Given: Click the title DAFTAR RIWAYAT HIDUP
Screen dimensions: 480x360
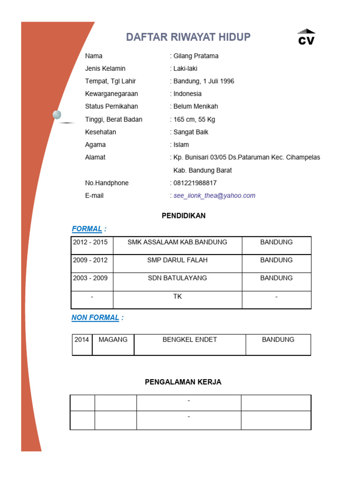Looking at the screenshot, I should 188,37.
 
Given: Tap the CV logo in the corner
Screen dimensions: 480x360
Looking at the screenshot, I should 307,37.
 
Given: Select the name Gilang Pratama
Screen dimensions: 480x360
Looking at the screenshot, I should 196,56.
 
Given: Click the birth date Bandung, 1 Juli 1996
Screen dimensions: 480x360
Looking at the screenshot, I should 204,82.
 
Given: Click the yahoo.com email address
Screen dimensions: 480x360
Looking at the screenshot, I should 214,196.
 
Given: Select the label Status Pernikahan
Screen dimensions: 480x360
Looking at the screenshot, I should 112,107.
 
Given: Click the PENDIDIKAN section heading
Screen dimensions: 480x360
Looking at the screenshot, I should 184,216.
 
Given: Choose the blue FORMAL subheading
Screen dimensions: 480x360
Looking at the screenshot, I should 87,229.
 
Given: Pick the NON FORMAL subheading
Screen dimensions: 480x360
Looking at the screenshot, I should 96,318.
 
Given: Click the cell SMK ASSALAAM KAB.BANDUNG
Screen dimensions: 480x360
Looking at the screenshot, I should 177,242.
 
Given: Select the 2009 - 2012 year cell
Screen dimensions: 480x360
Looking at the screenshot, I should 90,260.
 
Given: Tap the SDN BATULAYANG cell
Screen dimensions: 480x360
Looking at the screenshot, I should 177,278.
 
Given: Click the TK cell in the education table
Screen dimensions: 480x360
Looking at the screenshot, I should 178,297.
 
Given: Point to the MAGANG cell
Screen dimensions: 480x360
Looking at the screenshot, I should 113,340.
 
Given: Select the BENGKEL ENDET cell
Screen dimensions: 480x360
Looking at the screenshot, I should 190,340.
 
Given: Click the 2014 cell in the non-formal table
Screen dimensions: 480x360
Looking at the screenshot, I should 82,340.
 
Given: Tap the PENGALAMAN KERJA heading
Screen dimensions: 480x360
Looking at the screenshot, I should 183,382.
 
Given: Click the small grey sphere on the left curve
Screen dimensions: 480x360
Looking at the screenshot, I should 57,115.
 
